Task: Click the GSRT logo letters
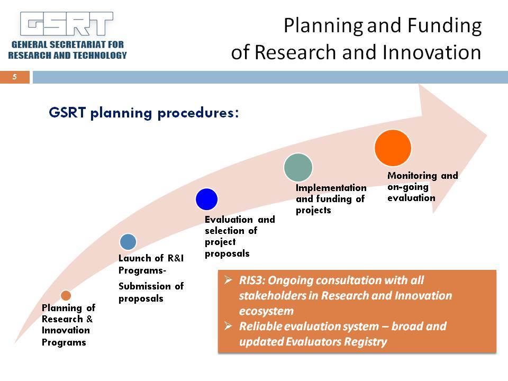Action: pyautogui.click(x=67, y=24)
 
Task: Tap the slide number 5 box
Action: pyautogui.click(x=15, y=77)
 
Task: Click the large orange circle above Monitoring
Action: pyautogui.click(x=393, y=148)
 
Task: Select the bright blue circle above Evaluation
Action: pyautogui.click(x=206, y=199)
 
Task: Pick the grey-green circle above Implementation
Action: pyautogui.click(x=298, y=168)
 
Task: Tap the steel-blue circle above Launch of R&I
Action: pyautogui.click(x=128, y=242)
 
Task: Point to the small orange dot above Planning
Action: pyautogui.click(x=66, y=295)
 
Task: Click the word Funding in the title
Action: pyautogui.click(x=444, y=26)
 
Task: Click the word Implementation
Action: pyautogui.click(x=331, y=188)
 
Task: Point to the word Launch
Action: pyautogui.click(x=134, y=258)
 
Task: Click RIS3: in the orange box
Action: pyautogui.click(x=252, y=280)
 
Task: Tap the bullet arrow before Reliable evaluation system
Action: pyautogui.click(x=228, y=325)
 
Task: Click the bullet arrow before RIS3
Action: pyautogui.click(x=228, y=279)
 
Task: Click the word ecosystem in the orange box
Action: pyautogui.click(x=266, y=311)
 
